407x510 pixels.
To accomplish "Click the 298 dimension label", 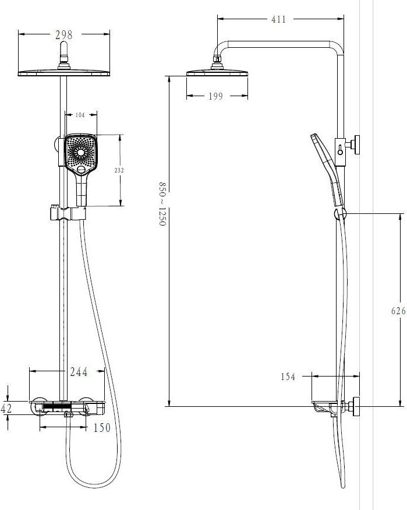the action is (x=64, y=34).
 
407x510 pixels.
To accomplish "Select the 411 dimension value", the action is (x=279, y=19).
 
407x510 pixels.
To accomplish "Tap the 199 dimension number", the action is (x=215, y=96).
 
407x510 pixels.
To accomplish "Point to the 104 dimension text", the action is (x=80, y=115).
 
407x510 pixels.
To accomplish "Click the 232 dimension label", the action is (x=119, y=170).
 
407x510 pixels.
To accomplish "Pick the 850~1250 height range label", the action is (x=162, y=203).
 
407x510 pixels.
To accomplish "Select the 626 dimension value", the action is (x=398, y=311).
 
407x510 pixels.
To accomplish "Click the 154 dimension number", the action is (x=288, y=377).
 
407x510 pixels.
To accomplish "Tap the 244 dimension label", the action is (x=79, y=372).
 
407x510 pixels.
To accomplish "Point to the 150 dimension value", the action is (x=102, y=428).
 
